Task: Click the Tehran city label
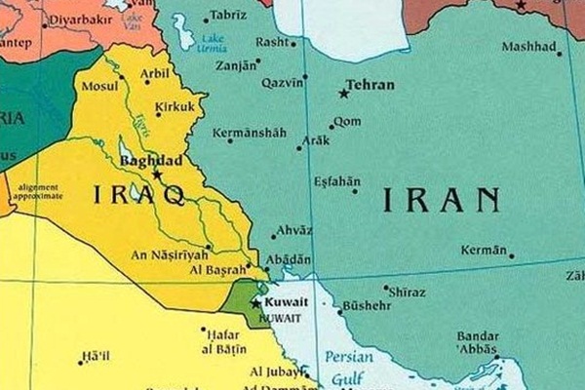pyautogui.click(x=371, y=85)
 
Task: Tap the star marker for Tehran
pyautogui.click(x=343, y=94)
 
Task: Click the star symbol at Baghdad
pyautogui.click(x=156, y=174)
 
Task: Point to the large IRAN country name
pyautogui.click(x=441, y=200)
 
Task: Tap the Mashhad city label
pyautogui.click(x=529, y=47)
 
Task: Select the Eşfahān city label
pyautogui.click(x=337, y=181)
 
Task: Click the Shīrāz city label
pyautogui.click(x=406, y=291)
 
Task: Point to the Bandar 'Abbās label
pyautogui.click(x=479, y=345)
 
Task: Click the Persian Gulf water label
pyautogui.click(x=349, y=367)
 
